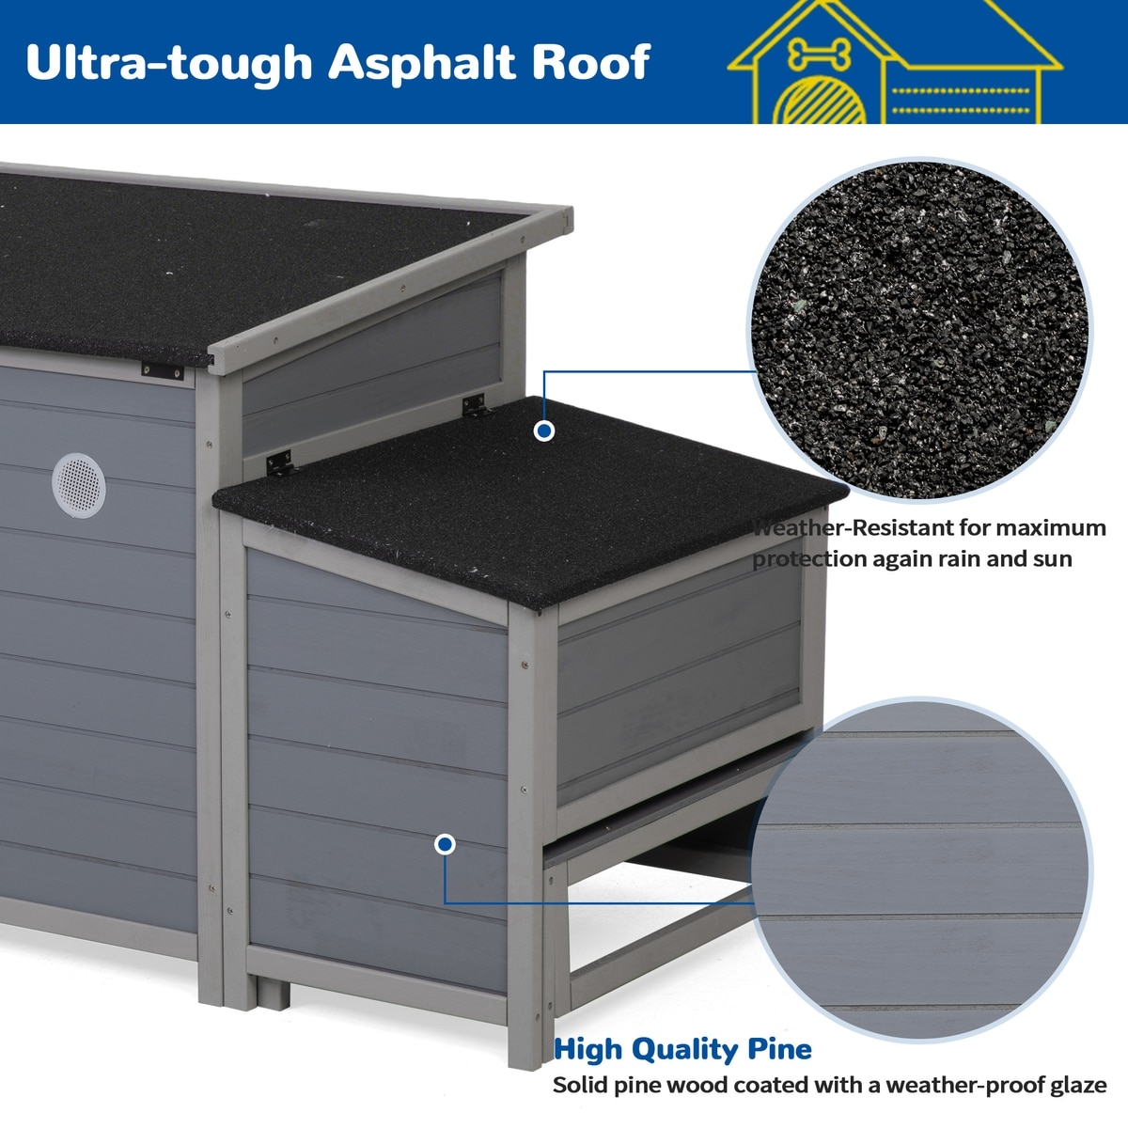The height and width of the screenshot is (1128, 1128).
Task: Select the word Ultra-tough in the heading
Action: pos(169,63)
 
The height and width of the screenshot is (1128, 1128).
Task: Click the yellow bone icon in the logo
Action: pos(820,54)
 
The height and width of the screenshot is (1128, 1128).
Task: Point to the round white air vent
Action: pos(79,485)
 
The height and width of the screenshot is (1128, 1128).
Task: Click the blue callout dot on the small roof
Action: pos(544,431)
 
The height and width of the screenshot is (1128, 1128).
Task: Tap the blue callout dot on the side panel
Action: pos(445,844)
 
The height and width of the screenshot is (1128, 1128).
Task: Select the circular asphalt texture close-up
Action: pos(919,330)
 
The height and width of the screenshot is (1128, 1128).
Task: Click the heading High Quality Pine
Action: pos(682,1050)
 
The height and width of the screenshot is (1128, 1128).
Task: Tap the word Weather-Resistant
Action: pos(852,527)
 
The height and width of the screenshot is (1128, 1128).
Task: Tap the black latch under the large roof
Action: pos(162,370)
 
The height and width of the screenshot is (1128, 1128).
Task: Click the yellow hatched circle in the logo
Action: pos(820,101)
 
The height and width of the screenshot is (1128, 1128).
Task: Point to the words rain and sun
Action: pos(1005,558)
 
